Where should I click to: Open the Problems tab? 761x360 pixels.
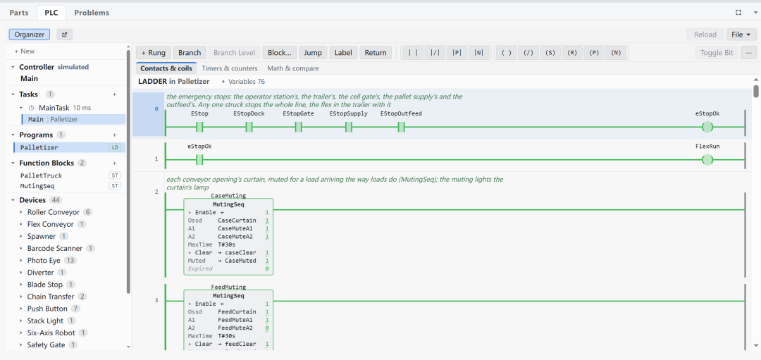91,13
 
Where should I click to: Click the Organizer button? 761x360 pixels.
29,35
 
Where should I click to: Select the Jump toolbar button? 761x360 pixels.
313,53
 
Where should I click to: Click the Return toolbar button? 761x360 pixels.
376,53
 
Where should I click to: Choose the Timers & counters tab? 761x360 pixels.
230,68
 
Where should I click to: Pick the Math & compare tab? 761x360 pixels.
293,68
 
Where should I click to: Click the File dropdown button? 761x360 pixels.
741,35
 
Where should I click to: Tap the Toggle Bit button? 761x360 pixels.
717,53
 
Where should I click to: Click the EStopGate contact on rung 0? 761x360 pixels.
299,127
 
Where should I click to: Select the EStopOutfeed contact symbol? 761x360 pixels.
401,127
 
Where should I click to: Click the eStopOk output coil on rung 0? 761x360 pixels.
707,127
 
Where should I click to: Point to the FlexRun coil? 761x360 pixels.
707,160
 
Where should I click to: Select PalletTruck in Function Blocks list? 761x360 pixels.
42,175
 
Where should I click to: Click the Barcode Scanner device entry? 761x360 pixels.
55,249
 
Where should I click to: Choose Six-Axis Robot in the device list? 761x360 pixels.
51,333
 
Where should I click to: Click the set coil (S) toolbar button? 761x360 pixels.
550,53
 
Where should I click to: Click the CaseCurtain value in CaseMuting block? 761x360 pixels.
237,221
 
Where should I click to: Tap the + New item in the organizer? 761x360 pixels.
24,51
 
